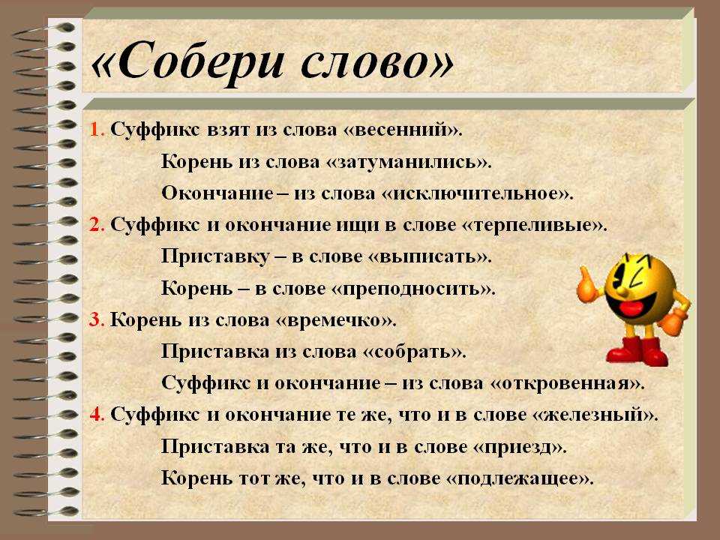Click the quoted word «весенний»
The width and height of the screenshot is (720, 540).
[x=402, y=130]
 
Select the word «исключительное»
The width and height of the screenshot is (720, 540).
[x=478, y=193]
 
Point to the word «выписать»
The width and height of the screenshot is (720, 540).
[x=430, y=256]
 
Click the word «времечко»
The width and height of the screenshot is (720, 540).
[x=336, y=320]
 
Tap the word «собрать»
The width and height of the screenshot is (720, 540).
[x=415, y=352]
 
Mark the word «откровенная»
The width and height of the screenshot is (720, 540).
[x=568, y=383]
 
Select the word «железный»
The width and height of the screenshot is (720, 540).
[x=595, y=415]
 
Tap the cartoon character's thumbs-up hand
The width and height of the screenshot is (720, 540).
[x=588, y=286]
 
